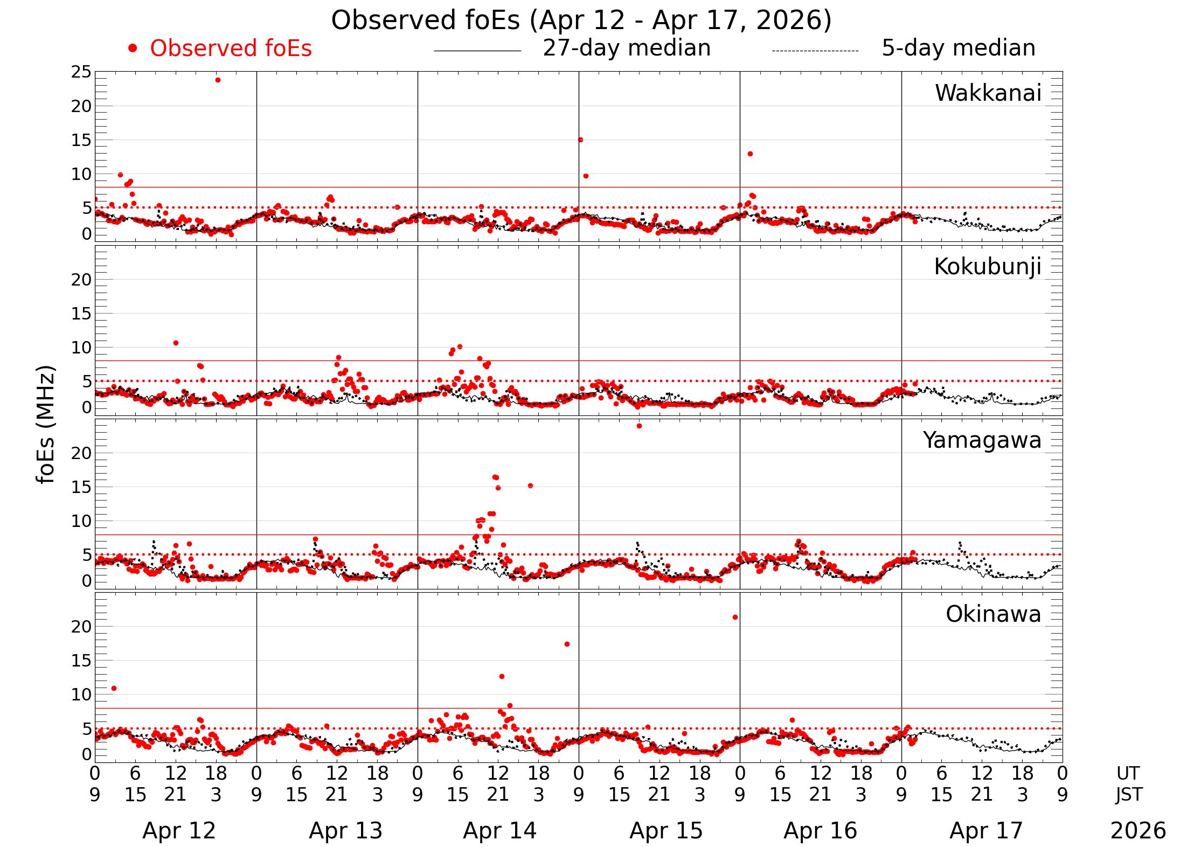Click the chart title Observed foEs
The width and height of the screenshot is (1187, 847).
pyautogui.click(x=581, y=20)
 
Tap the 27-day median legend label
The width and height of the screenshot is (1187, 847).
pyautogui.click(x=626, y=48)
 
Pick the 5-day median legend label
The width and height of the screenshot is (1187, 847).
pyautogui.click(x=958, y=48)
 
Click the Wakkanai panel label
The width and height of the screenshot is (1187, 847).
pyautogui.click(x=988, y=93)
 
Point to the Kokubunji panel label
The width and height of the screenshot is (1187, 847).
pyautogui.click(x=987, y=267)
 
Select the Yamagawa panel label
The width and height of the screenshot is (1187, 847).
pyautogui.click(x=982, y=440)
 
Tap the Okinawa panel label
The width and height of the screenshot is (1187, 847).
pyautogui.click(x=993, y=614)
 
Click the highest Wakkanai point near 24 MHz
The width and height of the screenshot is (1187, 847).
pyautogui.click(x=218, y=80)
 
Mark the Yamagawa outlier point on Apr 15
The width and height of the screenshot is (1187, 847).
pyautogui.click(x=639, y=426)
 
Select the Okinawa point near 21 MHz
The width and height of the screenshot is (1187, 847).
pyautogui.click(x=735, y=617)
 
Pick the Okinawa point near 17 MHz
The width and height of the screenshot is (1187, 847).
pyautogui.click(x=567, y=644)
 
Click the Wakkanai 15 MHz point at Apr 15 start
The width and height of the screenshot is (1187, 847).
pyautogui.click(x=580, y=140)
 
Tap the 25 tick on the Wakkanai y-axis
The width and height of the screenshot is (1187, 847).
pyautogui.click(x=81, y=72)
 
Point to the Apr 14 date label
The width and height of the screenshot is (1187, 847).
pyautogui.click(x=499, y=830)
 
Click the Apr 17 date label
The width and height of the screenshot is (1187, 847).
pyautogui.click(x=985, y=830)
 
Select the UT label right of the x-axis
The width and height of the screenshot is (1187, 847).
pyautogui.click(x=1128, y=773)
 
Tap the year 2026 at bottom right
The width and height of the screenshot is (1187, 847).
pyautogui.click(x=1137, y=830)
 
